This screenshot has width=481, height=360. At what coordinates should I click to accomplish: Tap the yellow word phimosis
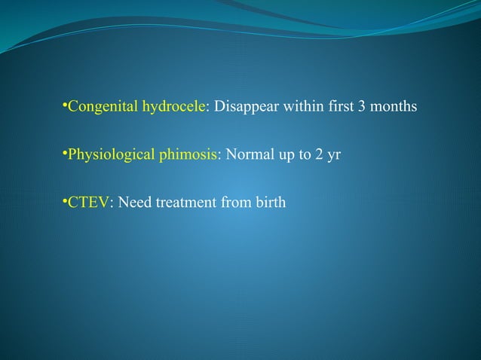tap(186, 156)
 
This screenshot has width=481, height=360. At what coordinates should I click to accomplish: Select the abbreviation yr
tap(336, 156)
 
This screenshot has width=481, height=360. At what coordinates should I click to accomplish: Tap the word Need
tap(130, 203)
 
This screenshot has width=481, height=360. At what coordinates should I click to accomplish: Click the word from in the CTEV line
tap(231, 203)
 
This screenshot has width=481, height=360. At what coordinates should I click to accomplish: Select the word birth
tap(268, 203)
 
